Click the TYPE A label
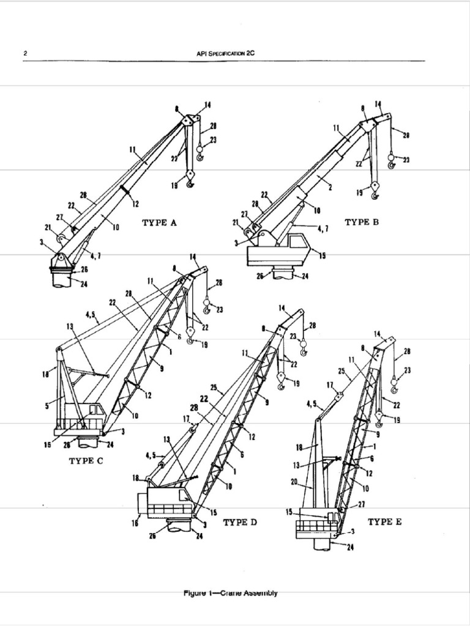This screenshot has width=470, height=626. point(159,223)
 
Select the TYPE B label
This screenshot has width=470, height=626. point(362,223)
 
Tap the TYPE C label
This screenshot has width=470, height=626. point(85,461)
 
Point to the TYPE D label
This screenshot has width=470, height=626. point(240,522)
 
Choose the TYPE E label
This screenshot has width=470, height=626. point(384,521)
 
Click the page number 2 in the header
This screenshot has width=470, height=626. point(25,54)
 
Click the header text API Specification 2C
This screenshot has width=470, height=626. point(225,54)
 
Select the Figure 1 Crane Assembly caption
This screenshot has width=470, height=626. point(230,593)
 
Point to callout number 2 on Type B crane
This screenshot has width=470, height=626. point(330,187)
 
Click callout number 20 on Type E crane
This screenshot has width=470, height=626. point(294,482)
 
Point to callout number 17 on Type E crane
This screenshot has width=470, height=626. point(330,385)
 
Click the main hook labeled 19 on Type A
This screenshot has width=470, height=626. point(190,180)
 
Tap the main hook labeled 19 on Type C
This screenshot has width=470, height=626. point(190,333)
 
